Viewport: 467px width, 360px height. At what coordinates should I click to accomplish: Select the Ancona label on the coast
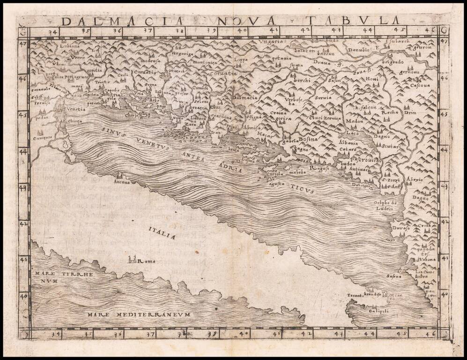coord(122,182)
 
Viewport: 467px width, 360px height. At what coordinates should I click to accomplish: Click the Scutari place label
coord(390,147)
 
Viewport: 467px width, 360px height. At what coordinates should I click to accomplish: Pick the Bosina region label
coord(308,139)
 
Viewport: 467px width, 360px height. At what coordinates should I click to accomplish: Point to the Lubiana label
coord(70,47)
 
